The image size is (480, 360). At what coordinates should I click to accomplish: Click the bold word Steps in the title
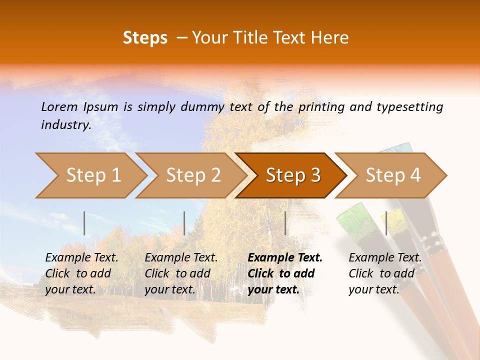point(145,38)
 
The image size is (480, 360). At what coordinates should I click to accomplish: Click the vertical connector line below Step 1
point(84,223)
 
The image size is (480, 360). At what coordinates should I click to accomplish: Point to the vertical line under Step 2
point(184,223)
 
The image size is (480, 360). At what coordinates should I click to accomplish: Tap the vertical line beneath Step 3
point(285,223)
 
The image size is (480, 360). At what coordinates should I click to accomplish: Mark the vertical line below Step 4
point(386,223)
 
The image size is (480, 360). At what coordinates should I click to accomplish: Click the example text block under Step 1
point(81,273)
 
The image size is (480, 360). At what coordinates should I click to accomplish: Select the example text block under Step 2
point(180,273)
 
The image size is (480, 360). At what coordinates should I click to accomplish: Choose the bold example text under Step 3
point(284,273)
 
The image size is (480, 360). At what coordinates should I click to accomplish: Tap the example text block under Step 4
point(384,273)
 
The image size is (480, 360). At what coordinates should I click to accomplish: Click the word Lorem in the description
point(59,106)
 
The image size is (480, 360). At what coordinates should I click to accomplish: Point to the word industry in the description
point(66,125)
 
